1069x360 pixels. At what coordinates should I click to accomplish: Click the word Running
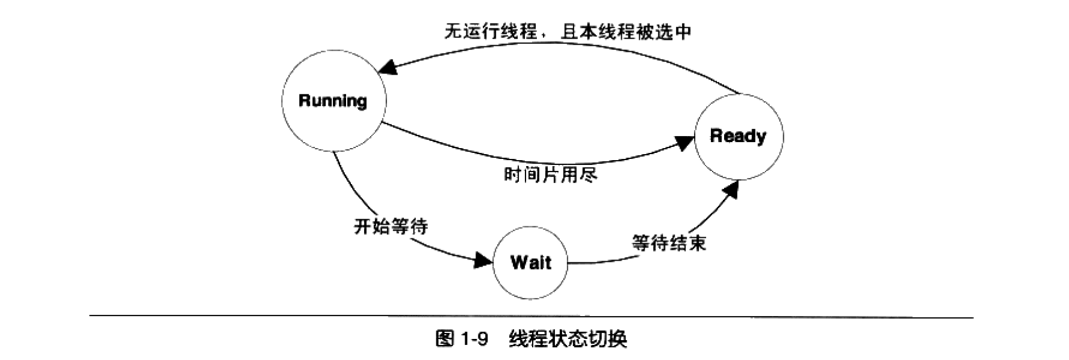tap(333, 101)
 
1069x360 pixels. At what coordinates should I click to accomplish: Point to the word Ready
tap(738, 135)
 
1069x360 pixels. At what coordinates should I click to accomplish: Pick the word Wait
tap(530, 262)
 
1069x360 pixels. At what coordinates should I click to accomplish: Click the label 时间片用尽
tap(550, 175)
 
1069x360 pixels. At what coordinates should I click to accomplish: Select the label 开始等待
tap(391, 226)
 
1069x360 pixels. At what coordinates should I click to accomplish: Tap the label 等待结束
tap(669, 243)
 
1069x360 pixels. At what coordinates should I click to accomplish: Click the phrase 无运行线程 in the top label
tap(490, 31)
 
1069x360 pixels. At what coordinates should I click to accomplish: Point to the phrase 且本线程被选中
tap(626, 31)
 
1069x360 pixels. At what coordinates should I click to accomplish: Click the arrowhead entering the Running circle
tap(388, 67)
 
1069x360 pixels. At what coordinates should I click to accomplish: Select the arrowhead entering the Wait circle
tap(483, 260)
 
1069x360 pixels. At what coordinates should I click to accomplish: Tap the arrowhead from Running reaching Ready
tap(684, 143)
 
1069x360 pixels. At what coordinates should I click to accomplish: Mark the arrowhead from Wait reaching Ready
tap(730, 190)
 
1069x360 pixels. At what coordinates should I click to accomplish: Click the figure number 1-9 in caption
tap(473, 340)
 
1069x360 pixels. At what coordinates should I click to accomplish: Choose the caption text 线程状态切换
tap(568, 340)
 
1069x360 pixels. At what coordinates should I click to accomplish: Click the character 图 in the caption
tap(444, 340)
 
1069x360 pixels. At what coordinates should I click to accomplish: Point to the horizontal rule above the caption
tap(531, 316)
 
